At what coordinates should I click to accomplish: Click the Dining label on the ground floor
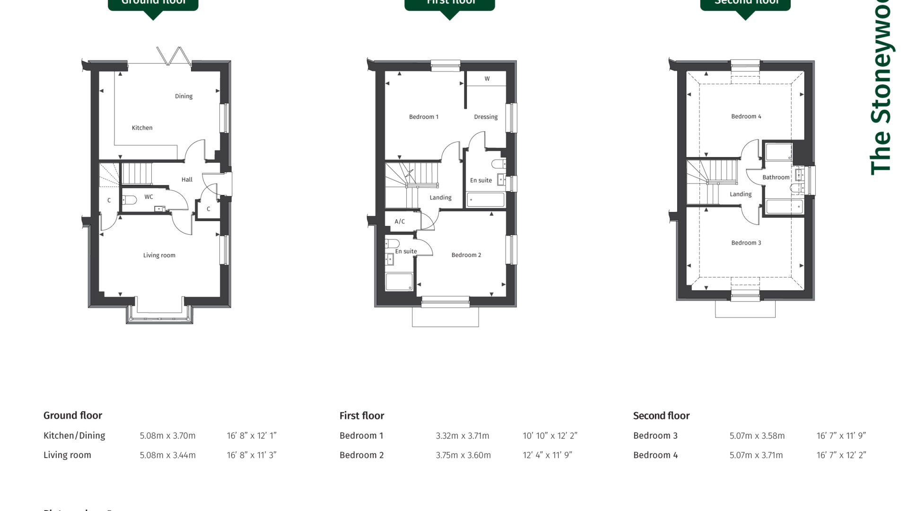(x=183, y=96)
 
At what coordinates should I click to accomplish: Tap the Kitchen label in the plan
(x=142, y=128)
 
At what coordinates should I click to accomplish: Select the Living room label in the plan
(x=159, y=255)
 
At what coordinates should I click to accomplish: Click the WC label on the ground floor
(x=148, y=197)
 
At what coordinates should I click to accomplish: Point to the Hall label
(x=187, y=180)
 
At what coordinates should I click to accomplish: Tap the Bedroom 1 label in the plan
(x=423, y=117)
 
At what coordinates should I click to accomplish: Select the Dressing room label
(x=486, y=117)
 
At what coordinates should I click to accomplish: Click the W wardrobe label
(x=487, y=79)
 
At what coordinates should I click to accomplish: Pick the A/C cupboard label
(x=400, y=221)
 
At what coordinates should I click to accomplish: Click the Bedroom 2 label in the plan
(x=466, y=255)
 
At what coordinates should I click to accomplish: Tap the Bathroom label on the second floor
(x=776, y=177)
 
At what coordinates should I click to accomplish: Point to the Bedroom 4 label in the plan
(x=746, y=116)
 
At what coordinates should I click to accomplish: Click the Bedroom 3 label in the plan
(x=746, y=243)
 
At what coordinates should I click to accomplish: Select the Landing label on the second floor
(x=740, y=194)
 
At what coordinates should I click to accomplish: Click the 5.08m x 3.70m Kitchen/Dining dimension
(x=167, y=436)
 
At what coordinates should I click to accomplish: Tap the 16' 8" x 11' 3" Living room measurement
(x=251, y=455)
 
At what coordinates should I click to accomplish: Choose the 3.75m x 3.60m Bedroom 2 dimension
(x=463, y=455)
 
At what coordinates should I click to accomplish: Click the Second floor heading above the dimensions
(x=661, y=416)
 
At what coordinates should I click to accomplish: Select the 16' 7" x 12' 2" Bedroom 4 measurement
(x=841, y=455)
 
